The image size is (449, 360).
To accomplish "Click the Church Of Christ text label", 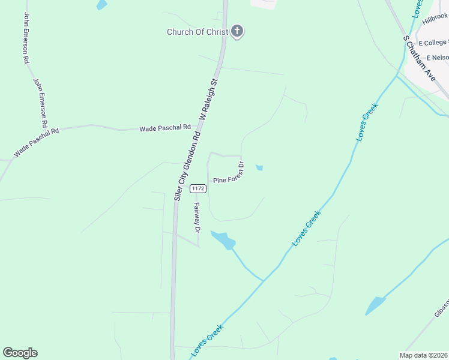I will [x=197, y=32].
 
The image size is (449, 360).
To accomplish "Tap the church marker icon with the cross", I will [x=237, y=32].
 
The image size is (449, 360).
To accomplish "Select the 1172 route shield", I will [x=198, y=188].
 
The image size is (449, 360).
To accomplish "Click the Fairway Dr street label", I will [x=196, y=217].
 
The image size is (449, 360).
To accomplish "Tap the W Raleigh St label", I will [x=211, y=98].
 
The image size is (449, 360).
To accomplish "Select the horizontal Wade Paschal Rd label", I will [x=164, y=128].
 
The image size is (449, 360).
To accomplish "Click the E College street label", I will [x=433, y=43].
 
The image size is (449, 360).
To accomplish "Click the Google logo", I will [x=20, y=353].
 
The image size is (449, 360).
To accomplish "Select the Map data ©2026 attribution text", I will [x=423, y=355].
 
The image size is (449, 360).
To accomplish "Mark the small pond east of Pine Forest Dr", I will [x=259, y=168].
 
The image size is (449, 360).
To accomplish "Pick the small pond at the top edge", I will [x=101, y=5].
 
